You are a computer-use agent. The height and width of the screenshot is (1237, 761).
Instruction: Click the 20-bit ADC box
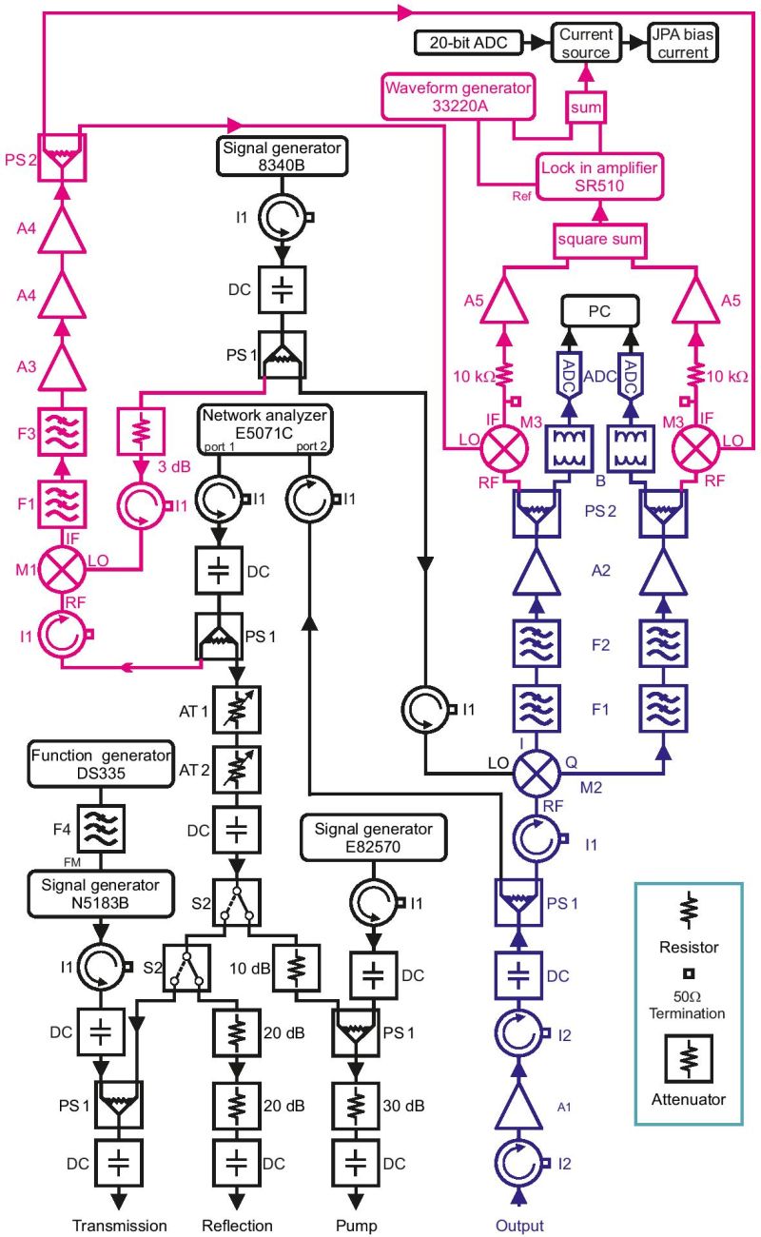(468, 43)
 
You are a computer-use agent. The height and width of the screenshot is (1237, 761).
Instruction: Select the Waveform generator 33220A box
(459, 97)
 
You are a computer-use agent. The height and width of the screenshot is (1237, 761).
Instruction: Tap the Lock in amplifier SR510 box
(599, 177)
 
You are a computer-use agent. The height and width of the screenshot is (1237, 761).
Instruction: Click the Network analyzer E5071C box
(265, 430)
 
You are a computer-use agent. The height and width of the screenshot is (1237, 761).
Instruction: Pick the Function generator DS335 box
(101, 764)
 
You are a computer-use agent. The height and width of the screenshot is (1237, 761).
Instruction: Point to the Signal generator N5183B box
(101, 894)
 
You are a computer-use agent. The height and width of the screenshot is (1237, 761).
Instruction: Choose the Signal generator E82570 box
(373, 837)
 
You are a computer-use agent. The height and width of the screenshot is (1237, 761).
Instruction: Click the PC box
(599, 311)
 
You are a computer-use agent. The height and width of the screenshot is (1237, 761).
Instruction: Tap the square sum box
(599, 240)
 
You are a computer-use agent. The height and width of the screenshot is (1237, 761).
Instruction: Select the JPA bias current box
(683, 43)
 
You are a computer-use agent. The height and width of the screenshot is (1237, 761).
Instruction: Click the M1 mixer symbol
(62, 569)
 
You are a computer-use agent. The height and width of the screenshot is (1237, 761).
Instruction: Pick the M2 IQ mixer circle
(537, 773)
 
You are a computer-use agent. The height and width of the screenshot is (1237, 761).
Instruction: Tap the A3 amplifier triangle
(62, 368)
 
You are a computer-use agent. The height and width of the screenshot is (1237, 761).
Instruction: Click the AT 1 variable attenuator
(236, 710)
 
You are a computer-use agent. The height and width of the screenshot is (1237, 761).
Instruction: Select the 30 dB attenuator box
(356, 1105)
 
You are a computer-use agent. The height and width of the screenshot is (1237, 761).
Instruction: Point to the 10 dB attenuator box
(296, 968)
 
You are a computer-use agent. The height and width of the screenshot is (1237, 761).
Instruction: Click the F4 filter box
(101, 829)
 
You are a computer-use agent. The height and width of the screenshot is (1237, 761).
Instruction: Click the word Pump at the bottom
(356, 1226)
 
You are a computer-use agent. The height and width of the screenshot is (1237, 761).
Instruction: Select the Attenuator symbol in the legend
(689, 1059)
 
